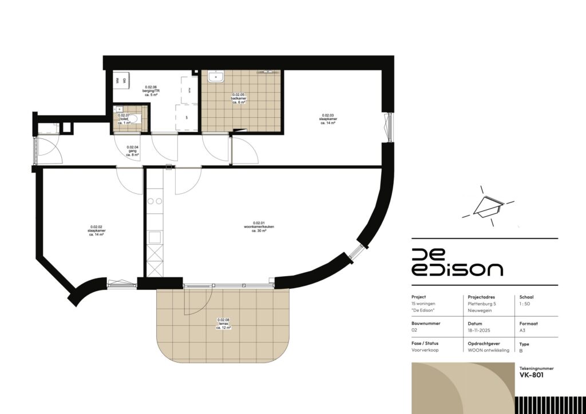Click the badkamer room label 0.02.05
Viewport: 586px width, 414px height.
239,97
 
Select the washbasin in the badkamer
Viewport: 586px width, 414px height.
216,76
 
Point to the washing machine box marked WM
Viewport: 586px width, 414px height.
117,81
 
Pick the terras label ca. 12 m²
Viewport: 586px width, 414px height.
223,324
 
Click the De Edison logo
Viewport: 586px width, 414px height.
457,262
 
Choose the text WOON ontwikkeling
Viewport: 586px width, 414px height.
488,350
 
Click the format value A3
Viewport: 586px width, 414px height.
522,330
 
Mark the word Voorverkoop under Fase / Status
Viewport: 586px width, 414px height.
425,350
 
